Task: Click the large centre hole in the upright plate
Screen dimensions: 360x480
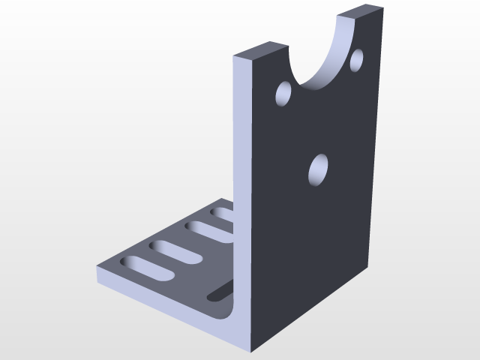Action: tap(319, 169)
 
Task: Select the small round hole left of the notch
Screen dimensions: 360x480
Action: tap(285, 94)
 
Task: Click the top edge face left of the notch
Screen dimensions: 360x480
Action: tap(260, 50)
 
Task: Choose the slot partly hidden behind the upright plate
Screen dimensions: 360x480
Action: tap(223, 215)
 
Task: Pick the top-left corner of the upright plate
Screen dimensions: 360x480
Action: tap(235, 57)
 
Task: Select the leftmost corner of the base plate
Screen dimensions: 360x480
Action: tap(97, 268)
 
